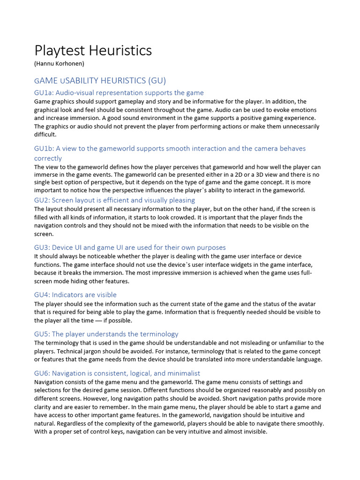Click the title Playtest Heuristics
[x=93, y=51]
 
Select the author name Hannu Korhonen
[x=59, y=64]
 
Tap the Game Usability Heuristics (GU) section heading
[x=100, y=80]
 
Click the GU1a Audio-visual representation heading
[x=119, y=93]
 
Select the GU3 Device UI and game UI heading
[x=130, y=247]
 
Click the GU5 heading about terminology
[x=106, y=334]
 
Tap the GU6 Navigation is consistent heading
[x=117, y=374]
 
